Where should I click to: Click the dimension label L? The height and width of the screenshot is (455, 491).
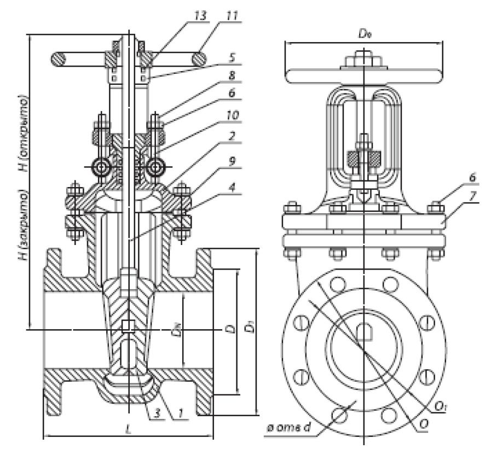(128, 429)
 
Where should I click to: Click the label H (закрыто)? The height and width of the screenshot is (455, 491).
(22, 224)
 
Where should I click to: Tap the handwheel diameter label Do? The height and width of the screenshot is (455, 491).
(363, 33)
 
